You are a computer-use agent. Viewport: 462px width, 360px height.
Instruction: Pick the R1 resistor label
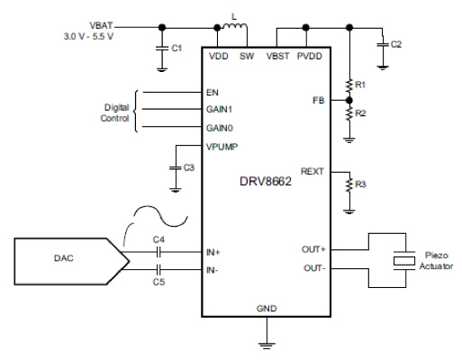360,84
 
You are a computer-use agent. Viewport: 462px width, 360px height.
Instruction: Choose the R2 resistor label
360,113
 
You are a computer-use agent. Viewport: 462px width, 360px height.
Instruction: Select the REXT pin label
313,170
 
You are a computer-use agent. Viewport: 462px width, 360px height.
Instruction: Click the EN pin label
212,92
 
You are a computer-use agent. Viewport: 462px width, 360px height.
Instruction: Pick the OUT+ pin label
313,249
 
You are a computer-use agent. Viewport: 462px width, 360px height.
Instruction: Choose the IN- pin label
213,269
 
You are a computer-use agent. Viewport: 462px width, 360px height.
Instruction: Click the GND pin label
267,309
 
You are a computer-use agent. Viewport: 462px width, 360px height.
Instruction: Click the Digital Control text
117,112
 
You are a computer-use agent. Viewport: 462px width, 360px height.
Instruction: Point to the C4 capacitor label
159,239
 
